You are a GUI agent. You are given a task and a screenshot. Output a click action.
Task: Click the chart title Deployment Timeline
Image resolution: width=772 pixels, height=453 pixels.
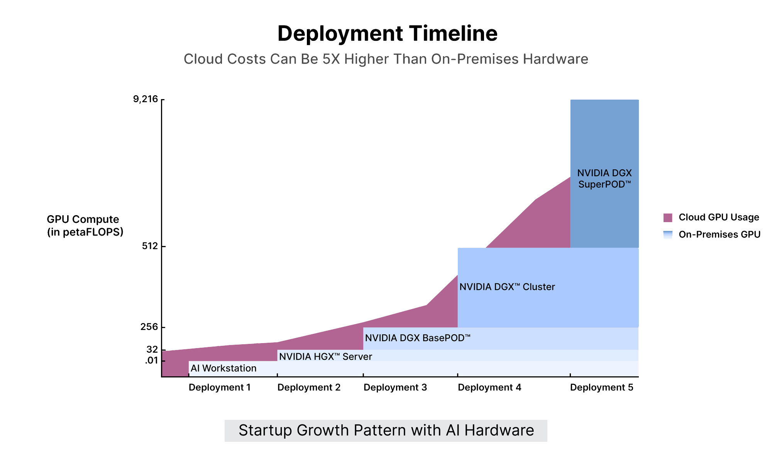(387, 34)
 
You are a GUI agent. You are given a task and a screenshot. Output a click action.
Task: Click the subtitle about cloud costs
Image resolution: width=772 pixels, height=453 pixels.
(386, 59)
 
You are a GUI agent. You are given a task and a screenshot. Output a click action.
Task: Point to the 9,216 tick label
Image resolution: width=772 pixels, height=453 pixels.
(146, 99)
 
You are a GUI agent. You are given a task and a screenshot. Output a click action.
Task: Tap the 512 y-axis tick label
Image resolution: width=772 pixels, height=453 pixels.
(150, 246)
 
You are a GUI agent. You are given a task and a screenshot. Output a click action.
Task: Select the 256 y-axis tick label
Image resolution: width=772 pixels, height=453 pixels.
(149, 327)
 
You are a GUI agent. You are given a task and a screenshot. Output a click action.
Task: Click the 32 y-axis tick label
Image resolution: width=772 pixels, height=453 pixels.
(152, 350)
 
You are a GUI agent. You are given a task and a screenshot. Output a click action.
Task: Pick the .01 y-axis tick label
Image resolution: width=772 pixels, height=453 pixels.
(152, 360)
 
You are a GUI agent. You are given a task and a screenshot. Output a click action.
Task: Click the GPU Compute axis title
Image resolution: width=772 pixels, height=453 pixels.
(85, 226)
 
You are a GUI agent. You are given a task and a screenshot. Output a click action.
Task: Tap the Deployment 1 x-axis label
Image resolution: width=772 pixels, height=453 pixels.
(220, 387)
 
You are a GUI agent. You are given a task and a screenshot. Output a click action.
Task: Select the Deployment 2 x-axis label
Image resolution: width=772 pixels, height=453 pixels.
(309, 387)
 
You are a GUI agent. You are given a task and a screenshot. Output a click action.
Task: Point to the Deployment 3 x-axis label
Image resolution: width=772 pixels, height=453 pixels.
(395, 387)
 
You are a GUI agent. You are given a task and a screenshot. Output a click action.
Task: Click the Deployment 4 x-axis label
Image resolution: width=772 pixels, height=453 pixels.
(489, 387)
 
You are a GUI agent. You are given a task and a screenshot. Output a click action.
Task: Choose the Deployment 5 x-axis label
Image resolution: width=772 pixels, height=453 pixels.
(602, 387)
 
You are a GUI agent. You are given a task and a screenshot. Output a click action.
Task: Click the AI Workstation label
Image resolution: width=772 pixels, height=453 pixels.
(223, 368)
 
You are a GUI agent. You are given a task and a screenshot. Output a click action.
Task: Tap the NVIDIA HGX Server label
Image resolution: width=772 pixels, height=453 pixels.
(325, 357)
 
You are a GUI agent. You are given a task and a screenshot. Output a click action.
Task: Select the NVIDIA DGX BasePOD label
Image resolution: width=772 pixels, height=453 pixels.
(418, 338)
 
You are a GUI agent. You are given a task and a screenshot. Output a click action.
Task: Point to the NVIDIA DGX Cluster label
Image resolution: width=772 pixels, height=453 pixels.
(507, 287)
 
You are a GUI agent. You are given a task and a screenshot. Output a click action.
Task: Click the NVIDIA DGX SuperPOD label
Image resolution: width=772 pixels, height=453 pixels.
(604, 179)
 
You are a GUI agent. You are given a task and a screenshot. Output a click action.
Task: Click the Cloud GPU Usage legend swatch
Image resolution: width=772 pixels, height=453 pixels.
(668, 217)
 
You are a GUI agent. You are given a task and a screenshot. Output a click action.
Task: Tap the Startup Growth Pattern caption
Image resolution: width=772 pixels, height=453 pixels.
(386, 431)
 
